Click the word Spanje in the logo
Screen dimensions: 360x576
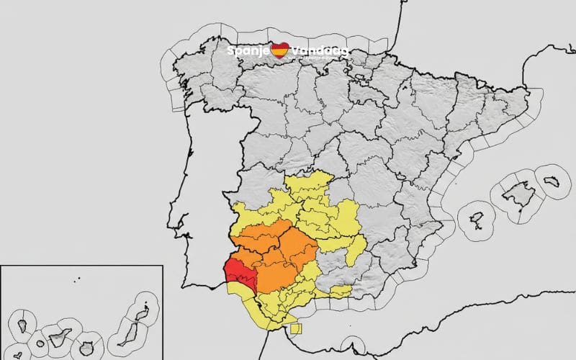(248, 51)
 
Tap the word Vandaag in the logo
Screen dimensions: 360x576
(318, 51)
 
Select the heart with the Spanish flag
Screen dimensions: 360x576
(280, 50)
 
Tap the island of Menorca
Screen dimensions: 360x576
(551, 181)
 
